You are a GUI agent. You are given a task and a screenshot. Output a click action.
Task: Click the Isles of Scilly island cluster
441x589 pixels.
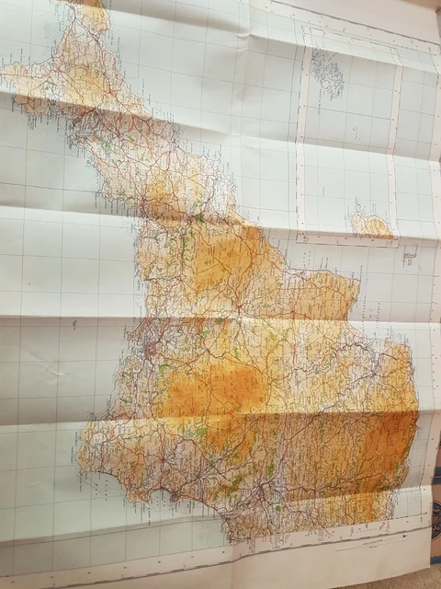(326, 72)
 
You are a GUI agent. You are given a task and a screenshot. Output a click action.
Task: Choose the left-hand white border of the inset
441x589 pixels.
(299, 138)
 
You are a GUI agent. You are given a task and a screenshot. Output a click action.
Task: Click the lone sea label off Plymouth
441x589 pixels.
(73, 324)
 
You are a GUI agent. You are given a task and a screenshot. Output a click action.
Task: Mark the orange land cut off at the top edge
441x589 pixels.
(92, 9)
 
